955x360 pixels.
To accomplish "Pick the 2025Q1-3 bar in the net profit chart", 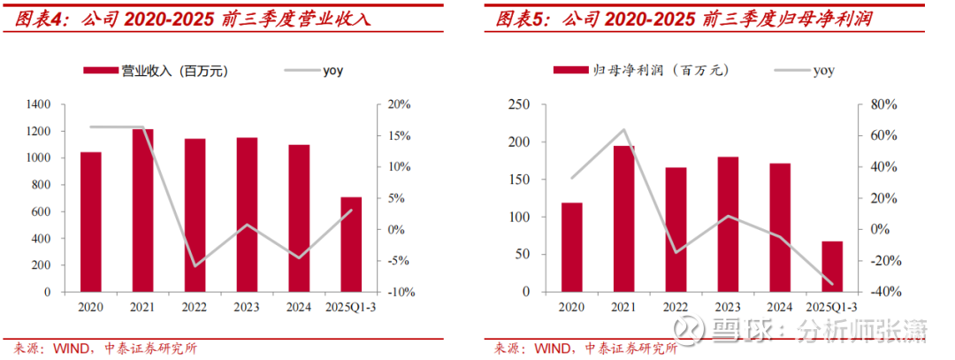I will tap(832, 266).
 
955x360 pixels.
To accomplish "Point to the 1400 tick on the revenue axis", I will tap(39, 104).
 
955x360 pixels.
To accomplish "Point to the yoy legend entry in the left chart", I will tap(332, 71).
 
